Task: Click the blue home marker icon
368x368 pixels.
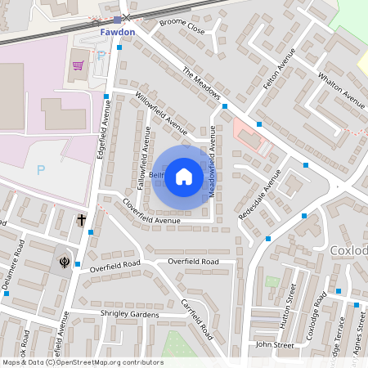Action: (184, 176)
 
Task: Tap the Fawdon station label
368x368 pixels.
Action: (116, 33)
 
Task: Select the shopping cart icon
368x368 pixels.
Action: (79, 65)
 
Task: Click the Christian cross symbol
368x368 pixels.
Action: (82, 219)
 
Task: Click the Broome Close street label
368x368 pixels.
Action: (182, 27)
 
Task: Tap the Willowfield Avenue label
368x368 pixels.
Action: (161, 112)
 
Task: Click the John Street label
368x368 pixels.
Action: (274, 345)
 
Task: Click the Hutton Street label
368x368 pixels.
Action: (287, 307)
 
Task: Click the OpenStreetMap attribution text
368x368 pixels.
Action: (82, 362)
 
